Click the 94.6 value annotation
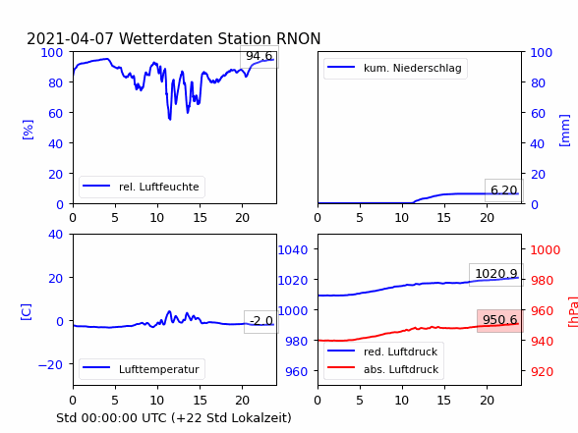click(260, 56)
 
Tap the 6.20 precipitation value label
click(504, 190)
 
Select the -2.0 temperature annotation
click(261, 321)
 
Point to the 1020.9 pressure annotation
click(496, 274)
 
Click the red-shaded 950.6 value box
click(499, 320)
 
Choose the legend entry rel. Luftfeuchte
click(142, 187)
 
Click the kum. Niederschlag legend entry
click(395, 68)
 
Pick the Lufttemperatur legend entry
click(142, 369)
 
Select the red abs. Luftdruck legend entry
click(383, 369)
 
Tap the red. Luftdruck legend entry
click(382, 352)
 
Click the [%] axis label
click(28, 130)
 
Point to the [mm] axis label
click(564, 131)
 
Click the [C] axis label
click(26, 312)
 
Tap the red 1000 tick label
click(546, 250)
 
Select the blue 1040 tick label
click(293, 250)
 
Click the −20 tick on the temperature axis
click(50, 364)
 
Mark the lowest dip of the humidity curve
click(170, 119)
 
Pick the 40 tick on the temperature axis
click(55, 234)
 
